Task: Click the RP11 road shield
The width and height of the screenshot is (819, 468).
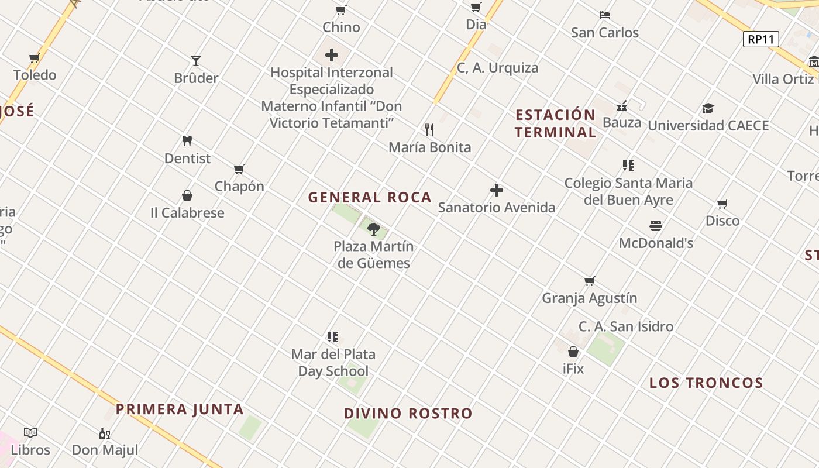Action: tap(761, 39)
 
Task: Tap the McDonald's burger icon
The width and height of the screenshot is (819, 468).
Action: tap(656, 226)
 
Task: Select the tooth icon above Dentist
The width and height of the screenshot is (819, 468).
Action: tap(187, 141)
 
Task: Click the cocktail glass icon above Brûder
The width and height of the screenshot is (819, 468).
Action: tap(196, 61)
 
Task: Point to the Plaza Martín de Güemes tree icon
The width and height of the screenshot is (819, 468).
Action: tap(374, 229)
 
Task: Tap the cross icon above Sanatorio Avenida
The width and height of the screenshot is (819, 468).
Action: tap(497, 190)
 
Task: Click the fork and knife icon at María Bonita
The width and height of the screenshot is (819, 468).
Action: tap(430, 129)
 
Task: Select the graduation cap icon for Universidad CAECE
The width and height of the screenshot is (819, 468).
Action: tap(708, 108)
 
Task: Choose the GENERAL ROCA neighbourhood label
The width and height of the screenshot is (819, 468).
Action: tap(370, 197)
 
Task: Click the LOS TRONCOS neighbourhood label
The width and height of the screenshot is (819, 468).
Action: tap(706, 383)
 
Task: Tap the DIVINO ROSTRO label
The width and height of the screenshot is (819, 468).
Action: tap(408, 414)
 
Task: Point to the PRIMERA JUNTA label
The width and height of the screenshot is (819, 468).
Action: tap(180, 409)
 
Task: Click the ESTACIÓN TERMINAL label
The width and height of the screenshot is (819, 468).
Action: tap(555, 123)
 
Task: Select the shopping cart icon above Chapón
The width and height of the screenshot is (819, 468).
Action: tap(239, 170)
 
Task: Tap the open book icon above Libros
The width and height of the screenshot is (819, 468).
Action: tap(30, 433)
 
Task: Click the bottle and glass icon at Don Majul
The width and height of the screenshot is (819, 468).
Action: tap(105, 433)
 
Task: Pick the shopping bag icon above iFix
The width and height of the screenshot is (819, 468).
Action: tap(573, 352)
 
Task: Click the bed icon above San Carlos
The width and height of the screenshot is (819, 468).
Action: tap(605, 15)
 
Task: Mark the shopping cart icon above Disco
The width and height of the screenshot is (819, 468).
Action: tap(722, 204)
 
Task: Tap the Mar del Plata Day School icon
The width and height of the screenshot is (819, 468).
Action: tap(333, 337)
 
